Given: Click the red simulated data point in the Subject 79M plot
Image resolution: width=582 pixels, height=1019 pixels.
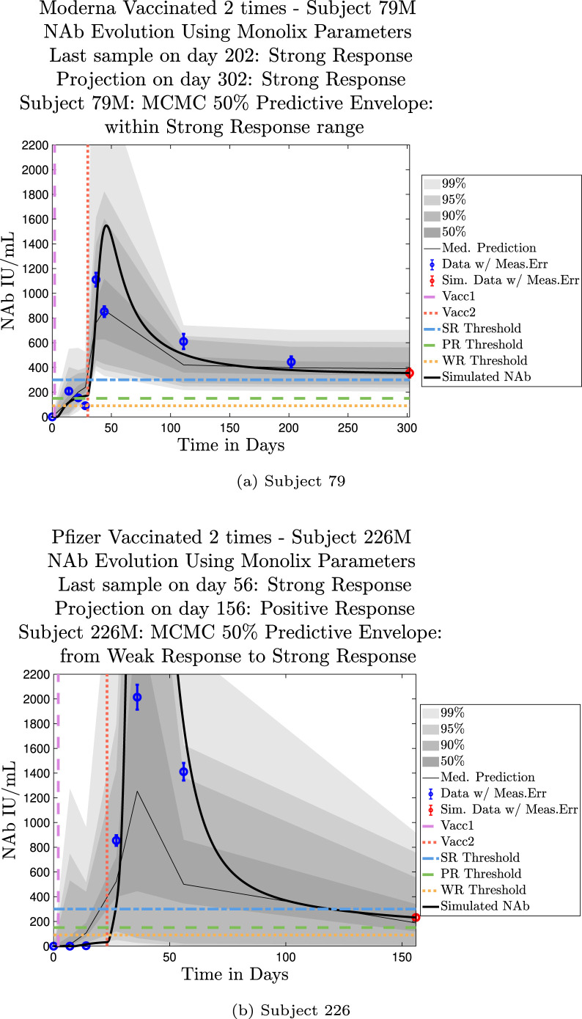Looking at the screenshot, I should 410,373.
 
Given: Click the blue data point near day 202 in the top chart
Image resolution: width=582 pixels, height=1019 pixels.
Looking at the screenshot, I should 291,362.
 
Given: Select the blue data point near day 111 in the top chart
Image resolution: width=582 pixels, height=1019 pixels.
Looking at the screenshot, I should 183,341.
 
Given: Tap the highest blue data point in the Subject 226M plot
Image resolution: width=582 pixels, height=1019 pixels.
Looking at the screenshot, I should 137,697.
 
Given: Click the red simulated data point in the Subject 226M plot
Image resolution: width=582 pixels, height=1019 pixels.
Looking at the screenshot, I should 416,917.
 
